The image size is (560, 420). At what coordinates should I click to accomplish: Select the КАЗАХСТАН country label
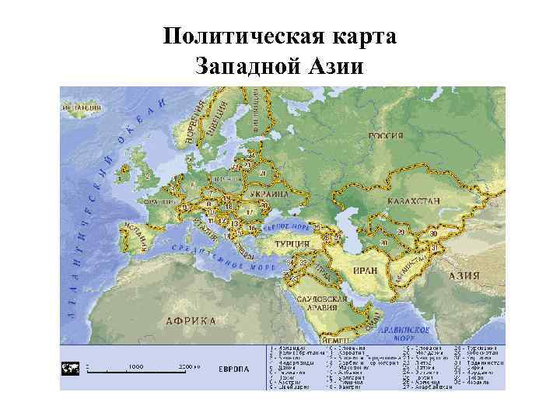coord(412,201)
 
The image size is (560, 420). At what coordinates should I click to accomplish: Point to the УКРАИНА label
coord(268,194)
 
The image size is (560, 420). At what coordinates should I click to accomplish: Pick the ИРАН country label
coord(366,270)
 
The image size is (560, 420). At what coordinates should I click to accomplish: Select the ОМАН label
coord(373,320)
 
